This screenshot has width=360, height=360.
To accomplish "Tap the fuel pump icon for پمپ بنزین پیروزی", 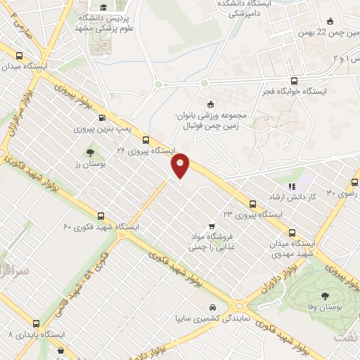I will [x=103, y=118].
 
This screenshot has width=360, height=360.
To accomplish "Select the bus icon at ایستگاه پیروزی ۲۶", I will [x=146, y=140].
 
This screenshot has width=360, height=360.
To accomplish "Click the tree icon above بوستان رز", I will [x=89, y=152].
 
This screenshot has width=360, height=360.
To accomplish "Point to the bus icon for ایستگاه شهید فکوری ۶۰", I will [x=101, y=216].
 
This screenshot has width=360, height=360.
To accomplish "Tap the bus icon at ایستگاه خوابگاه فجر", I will [x=295, y=80].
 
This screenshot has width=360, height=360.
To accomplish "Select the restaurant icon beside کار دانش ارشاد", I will [x=292, y=186].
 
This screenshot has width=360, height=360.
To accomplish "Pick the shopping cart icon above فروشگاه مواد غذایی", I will [x=202, y=226].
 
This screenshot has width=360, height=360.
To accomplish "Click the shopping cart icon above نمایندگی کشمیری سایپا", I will [x=212, y=308].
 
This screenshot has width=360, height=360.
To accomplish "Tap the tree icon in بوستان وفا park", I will [x=325, y=296].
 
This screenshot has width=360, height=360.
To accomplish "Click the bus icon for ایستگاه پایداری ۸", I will [x=37, y=324].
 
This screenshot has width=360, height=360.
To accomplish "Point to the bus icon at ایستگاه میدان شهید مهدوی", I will [x=292, y=233].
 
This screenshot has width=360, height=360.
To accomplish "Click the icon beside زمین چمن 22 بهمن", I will [x=330, y=20].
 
